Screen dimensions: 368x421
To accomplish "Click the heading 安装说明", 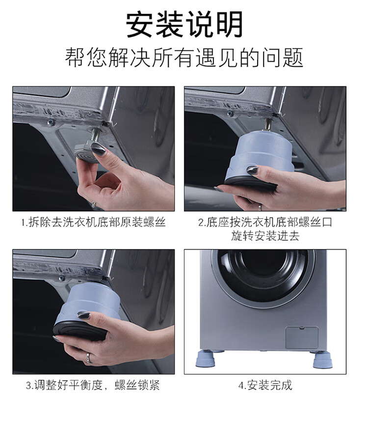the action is (184, 24).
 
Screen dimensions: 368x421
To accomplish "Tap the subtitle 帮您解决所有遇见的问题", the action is (184, 57).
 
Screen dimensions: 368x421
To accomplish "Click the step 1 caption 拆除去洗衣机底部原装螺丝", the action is (97, 223).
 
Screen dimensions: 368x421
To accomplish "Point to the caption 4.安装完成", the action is (265, 385).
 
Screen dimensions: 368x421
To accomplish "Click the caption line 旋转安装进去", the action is (265, 236).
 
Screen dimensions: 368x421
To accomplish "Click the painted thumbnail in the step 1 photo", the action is (98, 149).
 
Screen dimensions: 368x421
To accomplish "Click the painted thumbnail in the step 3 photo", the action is (83, 315).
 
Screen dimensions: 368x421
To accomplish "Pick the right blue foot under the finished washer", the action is (323, 360).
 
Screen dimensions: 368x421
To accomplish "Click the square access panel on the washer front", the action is (302, 337).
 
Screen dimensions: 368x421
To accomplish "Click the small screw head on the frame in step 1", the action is (51, 123).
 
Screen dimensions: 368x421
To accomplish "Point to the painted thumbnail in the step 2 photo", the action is (252, 170).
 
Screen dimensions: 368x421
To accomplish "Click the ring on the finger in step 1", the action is (94, 204).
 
